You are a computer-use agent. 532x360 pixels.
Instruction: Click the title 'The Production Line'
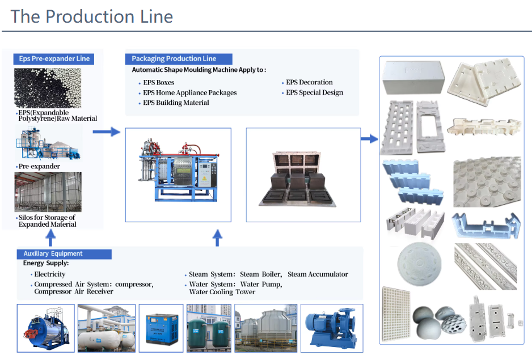(91, 16)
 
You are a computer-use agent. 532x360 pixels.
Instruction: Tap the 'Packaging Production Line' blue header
(174, 58)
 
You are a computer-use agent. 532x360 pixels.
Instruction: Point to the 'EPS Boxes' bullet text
(158, 83)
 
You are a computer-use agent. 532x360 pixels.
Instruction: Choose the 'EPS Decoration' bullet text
(309, 82)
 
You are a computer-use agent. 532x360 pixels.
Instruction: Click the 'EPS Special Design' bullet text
(314, 92)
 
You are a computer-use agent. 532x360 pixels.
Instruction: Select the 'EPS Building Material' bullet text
(176, 103)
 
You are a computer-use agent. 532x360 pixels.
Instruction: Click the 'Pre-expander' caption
(39, 167)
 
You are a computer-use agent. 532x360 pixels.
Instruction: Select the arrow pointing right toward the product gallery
(370, 138)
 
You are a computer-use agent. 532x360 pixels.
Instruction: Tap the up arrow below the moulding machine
(217, 238)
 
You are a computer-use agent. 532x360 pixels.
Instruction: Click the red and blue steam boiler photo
(45, 328)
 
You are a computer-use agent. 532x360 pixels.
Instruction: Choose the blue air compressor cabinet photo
(162, 328)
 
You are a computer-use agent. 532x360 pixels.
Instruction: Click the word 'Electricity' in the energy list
(50, 274)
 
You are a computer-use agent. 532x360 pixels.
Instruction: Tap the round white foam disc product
(417, 265)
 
